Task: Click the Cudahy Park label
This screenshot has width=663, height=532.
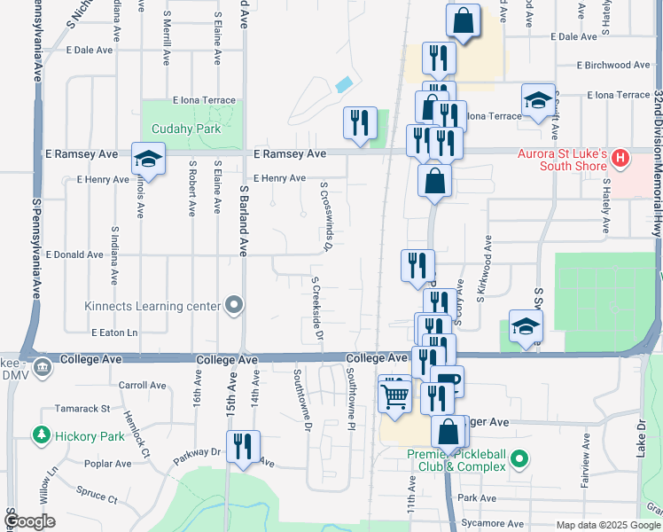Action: pyautogui.click(x=184, y=129)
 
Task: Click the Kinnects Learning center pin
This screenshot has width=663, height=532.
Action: pyautogui.click(x=234, y=306)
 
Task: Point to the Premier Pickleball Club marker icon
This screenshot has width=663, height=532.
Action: pyautogui.click(x=520, y=459)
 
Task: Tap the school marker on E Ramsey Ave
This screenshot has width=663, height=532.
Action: pyautogui.click(x=148, y=160)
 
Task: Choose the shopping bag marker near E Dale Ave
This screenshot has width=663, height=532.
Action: pyautogui.click(x=464, y=20)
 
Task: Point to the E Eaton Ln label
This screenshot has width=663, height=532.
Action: pyautogui.click(x=114, y=332)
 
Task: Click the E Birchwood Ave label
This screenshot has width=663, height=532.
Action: pyautogui.click(x=615, y=66)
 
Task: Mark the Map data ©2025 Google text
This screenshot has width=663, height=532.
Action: pyautogui.click(x=608, y=525)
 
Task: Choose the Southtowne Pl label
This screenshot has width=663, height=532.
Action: pyautogui.click(x=351, y=402)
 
